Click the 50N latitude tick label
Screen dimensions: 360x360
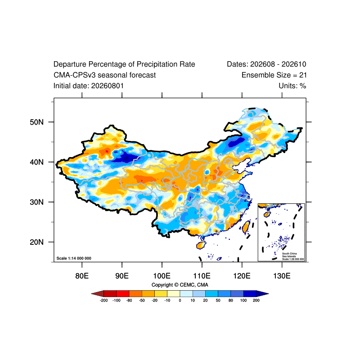pos(37,122)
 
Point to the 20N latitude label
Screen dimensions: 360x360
pos(37,242)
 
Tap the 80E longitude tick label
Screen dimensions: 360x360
pos(82,276)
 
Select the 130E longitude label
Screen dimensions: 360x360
pos(282,276)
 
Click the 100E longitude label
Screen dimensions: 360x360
pos(162,276)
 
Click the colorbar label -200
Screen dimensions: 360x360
pos(104,301)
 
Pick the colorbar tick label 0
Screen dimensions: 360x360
pos(180,301)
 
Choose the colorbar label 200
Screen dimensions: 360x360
pos(256,301)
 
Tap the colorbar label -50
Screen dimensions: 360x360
pos(142,301)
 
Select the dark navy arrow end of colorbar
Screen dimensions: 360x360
pos(262,294)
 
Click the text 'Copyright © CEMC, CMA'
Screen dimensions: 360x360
pos(180,285)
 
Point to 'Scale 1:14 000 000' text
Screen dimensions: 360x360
pos(74,258)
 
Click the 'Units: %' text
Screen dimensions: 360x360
pos(292,86)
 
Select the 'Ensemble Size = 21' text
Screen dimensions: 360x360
pos(274,75)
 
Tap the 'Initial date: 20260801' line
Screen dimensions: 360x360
pos(89,86)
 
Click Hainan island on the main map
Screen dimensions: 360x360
pos(201,245)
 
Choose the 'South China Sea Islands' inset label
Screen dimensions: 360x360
pos(289,255)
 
